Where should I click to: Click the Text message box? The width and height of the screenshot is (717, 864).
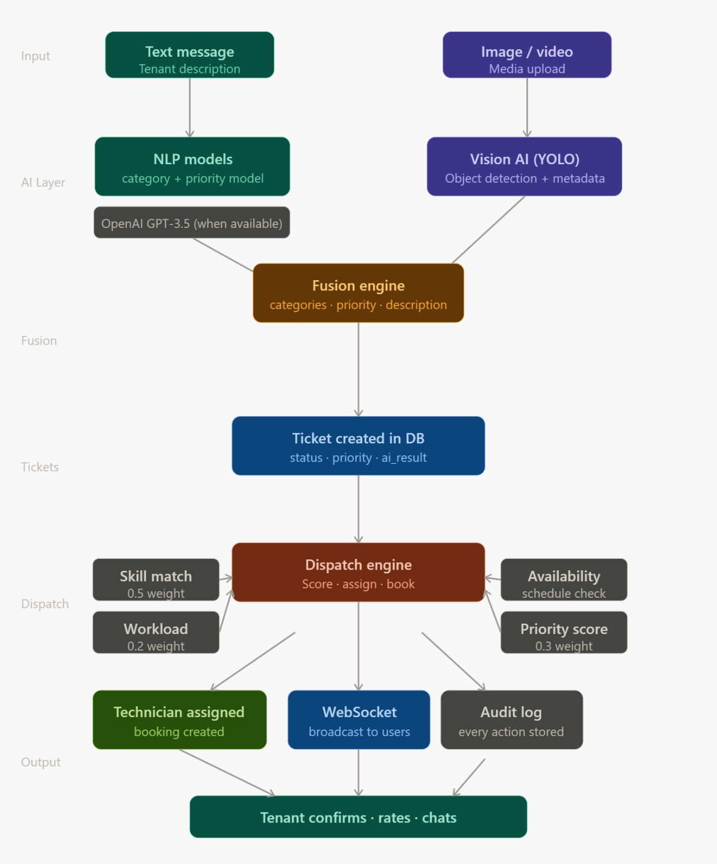click(x=190, y=55)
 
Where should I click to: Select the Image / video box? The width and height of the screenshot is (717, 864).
click(x=527, y=55)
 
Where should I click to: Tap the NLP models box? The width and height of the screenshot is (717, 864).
click(x=192, y=166)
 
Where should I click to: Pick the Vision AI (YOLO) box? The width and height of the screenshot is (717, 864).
click(x=524, y=166)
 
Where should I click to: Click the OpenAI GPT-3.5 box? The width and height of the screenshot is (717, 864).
click(x=192, y=222)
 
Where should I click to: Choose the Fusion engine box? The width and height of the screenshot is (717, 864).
click(x=358, y=293)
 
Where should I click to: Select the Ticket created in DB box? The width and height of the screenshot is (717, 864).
click(x=358, y=446)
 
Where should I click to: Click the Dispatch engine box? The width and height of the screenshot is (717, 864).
click(x=358, y=572)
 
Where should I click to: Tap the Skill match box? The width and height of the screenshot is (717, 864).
click(x=156, y=580)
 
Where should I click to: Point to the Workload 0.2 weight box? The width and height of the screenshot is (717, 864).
click(x=156, y=632)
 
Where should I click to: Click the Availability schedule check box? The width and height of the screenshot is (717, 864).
click(x=564, y=580)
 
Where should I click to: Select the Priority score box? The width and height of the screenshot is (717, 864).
click(x=564, y=632)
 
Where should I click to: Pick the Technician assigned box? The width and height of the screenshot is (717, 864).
click(x=179, y=720)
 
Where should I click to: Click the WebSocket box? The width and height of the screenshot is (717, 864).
click(x=359, y=720)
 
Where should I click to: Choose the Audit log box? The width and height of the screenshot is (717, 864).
click(x=512, y=720)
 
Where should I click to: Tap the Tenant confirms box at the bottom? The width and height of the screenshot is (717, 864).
click(x=358, y=817)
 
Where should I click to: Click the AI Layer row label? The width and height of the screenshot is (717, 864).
click(x=43, y=183)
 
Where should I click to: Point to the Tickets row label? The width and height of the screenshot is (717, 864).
click(x=40, y=467)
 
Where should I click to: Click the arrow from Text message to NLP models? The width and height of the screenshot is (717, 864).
click(x=190, y=107)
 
